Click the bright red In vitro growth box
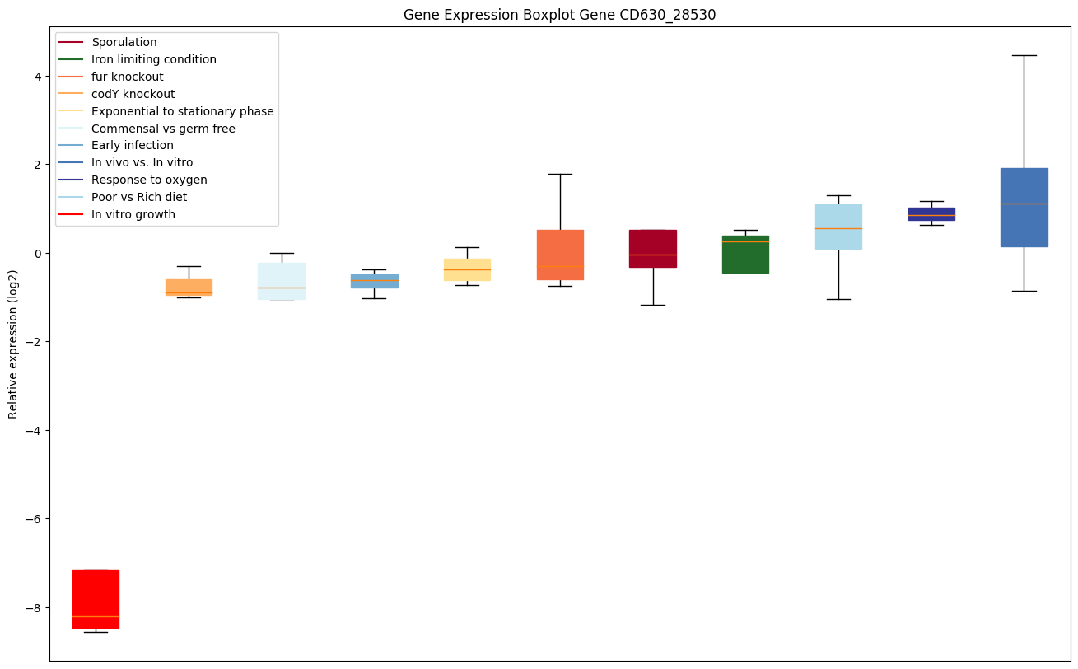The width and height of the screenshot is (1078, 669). click(x=96, y=599)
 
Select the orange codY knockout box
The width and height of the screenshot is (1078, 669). click(x=189, y=287)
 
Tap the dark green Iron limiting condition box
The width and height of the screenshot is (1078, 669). click(x=745, y=254)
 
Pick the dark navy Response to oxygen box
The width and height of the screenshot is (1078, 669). click(x=931, y=213)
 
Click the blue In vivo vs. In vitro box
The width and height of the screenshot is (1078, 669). click(x=1024, y=207)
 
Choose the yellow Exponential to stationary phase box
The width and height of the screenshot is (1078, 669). click(x=467, y=269)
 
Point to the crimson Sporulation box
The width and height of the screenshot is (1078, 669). click(x=653, y=248)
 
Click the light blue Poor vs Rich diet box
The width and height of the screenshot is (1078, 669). click(x=838, y=227)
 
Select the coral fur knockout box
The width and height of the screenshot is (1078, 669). click(x=560, y=255)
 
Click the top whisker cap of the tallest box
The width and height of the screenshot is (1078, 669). click(x=1024, y=55)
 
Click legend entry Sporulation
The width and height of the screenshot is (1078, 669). click(x=124, y=42)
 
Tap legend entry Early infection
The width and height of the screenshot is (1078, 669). click(x=133, y=146)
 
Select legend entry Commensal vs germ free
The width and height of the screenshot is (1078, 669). click(x=163, y=129)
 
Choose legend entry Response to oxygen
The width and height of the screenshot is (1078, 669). click(x=149, y=180)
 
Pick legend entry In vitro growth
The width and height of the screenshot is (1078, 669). click(x=133, y=214)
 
